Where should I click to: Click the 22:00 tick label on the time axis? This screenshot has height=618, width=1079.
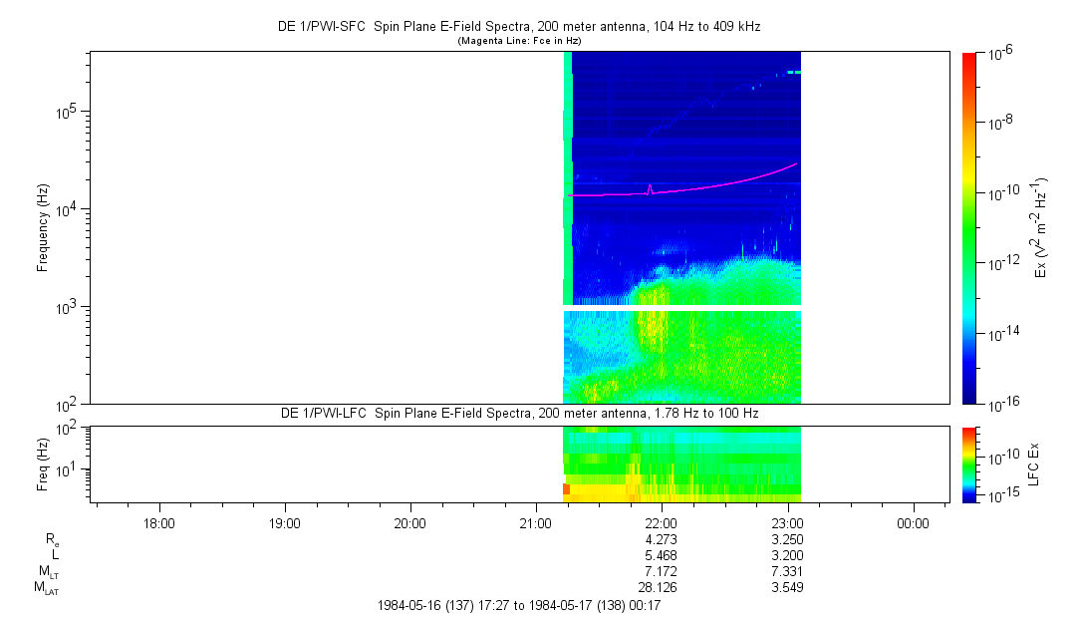coord(662,522)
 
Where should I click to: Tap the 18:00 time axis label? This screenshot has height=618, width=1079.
coord(159,522)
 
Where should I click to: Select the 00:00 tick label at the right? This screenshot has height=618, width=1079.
coord(913,522)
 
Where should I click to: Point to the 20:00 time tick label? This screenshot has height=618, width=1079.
coord(410,522)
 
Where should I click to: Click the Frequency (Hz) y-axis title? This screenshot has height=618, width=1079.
coord(43,227)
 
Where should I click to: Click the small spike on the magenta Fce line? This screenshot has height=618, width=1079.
coord(650,187)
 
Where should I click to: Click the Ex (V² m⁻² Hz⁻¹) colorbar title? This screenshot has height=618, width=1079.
coord(1042,227)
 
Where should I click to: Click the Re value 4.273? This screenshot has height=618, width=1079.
coord(662,539)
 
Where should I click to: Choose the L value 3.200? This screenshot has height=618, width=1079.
coord(787,555)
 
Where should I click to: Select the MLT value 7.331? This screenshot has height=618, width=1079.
coord(787,571)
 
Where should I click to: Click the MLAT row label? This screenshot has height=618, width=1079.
coord(47,588)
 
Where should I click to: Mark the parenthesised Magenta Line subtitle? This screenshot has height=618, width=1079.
coord(518,41)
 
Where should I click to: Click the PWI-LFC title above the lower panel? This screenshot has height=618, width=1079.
coord(518,414)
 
